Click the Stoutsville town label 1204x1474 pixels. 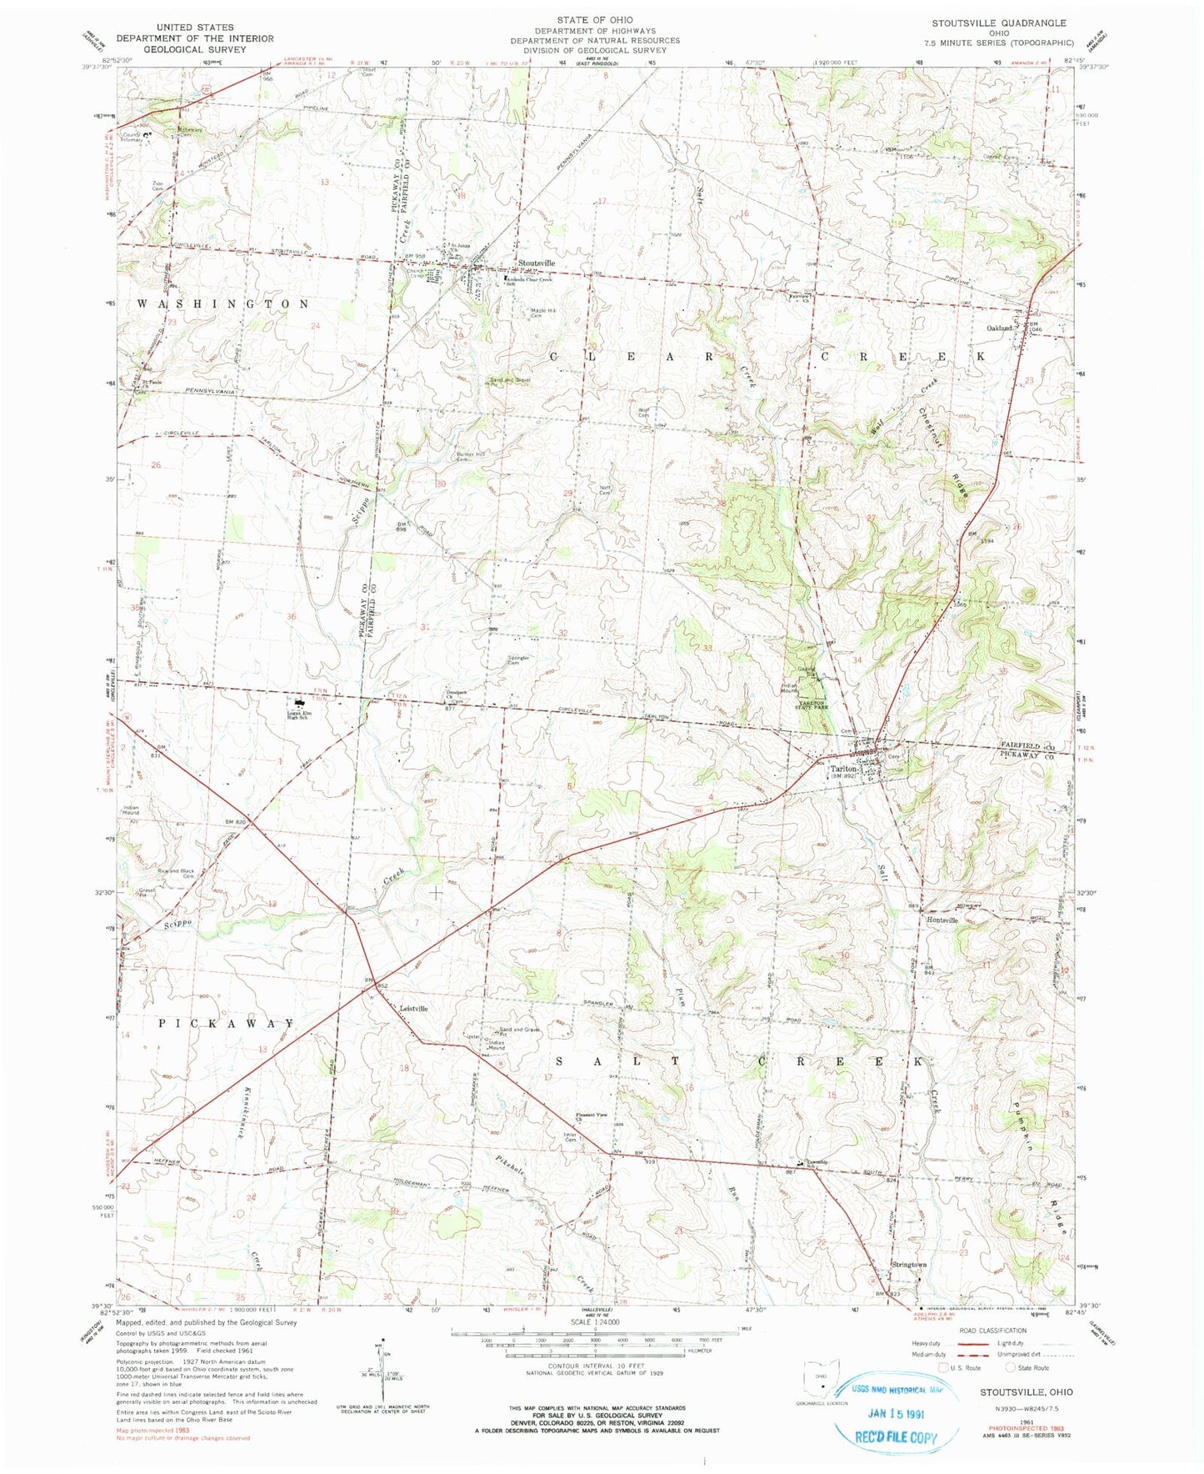tap(537, 263)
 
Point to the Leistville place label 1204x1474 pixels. tap(414, 1009)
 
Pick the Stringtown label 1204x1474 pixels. tap(910, 1265)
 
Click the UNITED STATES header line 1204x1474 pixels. tap(194, 27)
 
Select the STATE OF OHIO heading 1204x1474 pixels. tap(595, 19)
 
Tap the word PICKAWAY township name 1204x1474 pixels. tap(226, 1024)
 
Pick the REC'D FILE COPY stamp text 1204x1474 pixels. tap(897, 1436)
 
